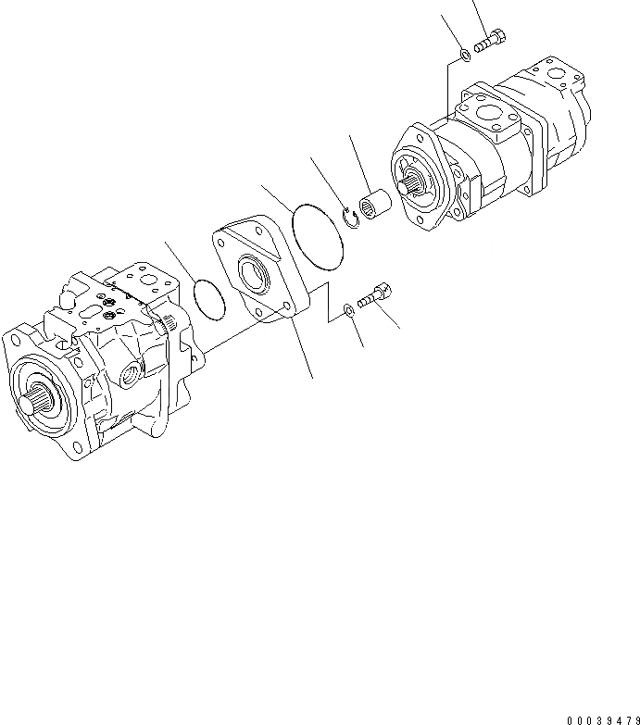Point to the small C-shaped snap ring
point(350,219)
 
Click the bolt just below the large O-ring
point(374,297)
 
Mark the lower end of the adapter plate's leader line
point(311,377)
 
